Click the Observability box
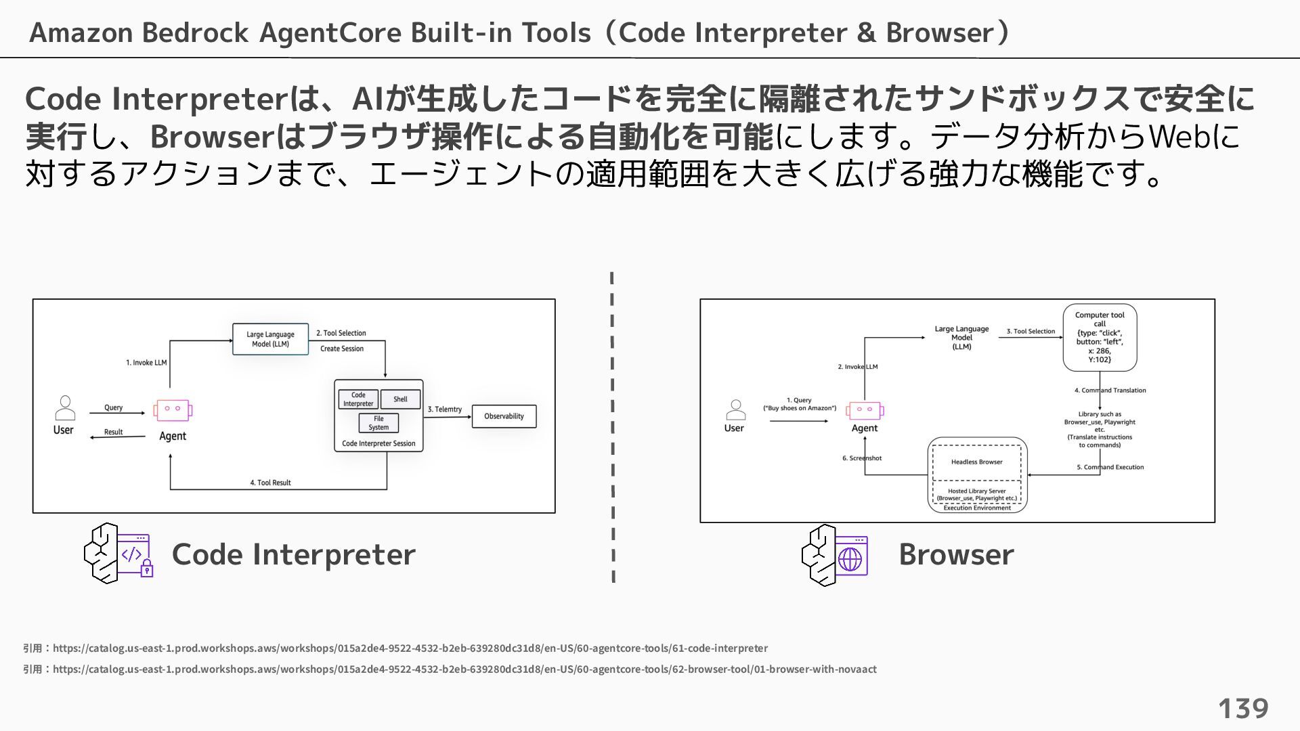coord(504,416)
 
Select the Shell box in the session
coord(400,399)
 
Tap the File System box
coord(378,423)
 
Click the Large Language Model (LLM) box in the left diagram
coord(270,339)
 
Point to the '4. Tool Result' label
coord(270,483)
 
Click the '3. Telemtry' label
coord(444,409)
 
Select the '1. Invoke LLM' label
coord(146,363)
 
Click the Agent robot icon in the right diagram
coord(865,410)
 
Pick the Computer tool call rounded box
coord(1100,337)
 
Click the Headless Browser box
coord(976,462)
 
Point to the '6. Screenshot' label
coord(862,458)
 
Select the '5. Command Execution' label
coord(1110,467)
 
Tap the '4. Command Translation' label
coord(1110,391)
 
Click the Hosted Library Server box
coord(976,494)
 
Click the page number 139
coord(1243,709)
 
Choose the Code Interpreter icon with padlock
coord(119,553)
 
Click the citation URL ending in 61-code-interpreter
coord(410,648)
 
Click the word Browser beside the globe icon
coord(956,554)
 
